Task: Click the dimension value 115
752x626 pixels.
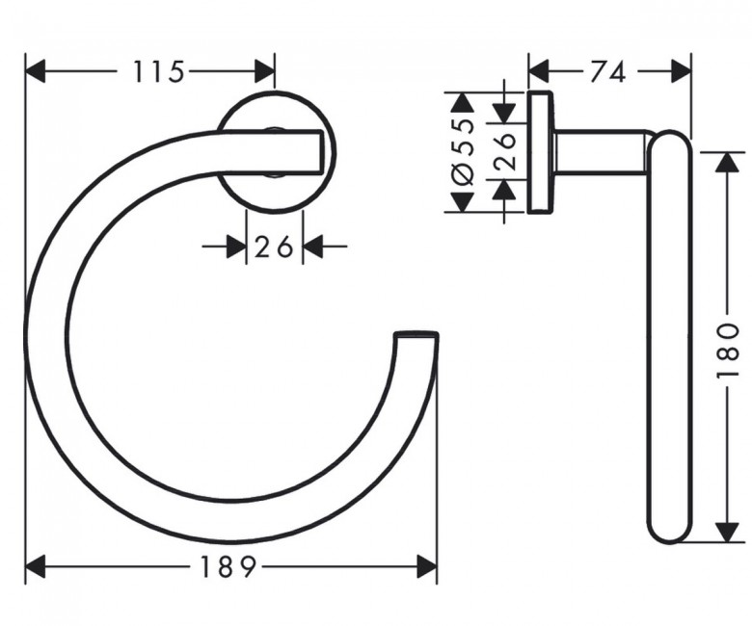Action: pos(158,71)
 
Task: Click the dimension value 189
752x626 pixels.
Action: pos(227,567)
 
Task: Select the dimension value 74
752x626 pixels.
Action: pos(607,72)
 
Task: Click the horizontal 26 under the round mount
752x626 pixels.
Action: pos(274,248)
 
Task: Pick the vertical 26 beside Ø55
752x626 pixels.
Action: pos(504,151)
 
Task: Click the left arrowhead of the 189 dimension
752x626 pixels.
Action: pos(35,567)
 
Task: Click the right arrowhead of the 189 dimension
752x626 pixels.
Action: pos(426,567)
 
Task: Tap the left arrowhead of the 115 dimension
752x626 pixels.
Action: pos(35,72)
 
